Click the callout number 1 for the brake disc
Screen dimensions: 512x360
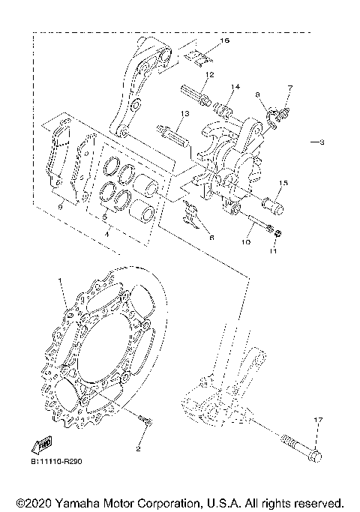click(59, 280)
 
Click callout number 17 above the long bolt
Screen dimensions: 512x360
click(317, 420)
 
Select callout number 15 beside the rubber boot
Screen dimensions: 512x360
click(283, 183)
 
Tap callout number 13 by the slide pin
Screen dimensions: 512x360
click(181, 114)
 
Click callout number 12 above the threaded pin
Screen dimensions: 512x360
click(210, 75)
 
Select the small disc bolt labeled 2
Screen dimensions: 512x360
click(146, 425)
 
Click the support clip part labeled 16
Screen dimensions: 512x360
click(197, 56)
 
